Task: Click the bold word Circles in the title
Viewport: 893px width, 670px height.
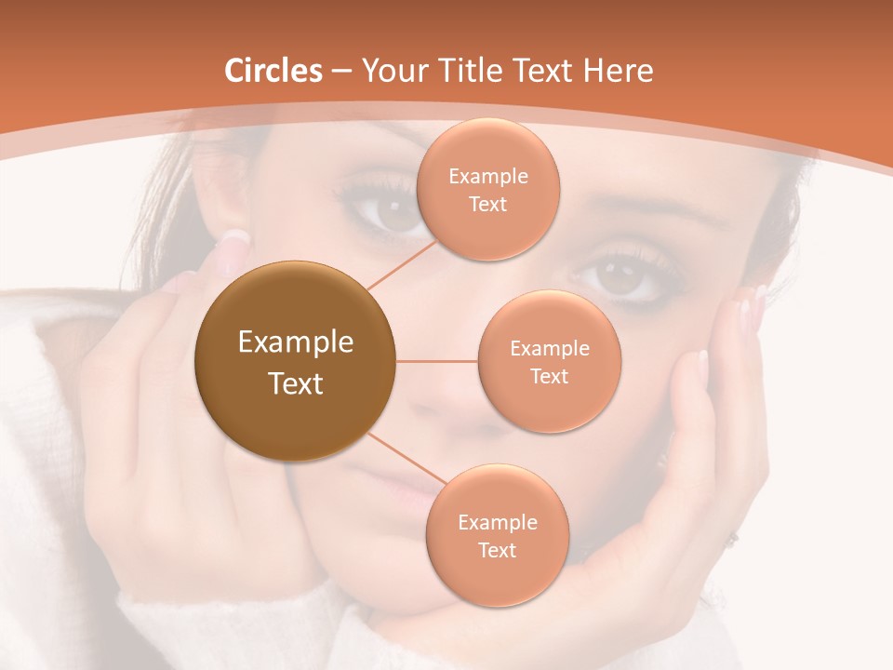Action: coord(273,71)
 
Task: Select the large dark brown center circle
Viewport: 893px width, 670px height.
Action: coord(295,361)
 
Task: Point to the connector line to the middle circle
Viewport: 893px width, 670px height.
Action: coord(437,361)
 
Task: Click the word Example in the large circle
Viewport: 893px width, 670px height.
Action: coord(295,342)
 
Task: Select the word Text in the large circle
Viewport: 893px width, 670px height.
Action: coord(295,383)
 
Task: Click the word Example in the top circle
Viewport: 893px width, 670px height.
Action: coord(487,177)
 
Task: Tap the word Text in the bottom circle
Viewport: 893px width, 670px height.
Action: coord(497,550)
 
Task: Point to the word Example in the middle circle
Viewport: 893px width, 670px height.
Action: coord(549,349)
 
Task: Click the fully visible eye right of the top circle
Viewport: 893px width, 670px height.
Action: coord(619,278)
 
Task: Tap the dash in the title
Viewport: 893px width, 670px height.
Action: coord(341,72)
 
